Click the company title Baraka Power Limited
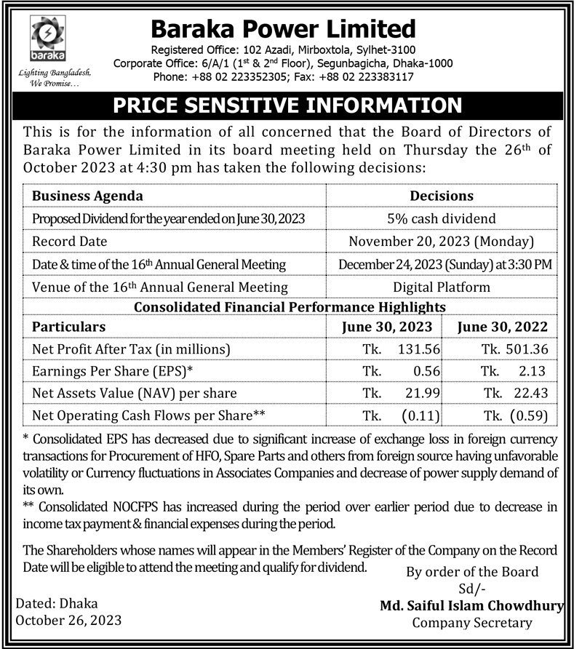pos(283,29)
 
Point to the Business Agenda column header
pos(87,196)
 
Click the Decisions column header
pos(442,196)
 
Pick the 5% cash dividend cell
pos(442,218)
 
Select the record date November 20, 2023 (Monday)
pos(442,241)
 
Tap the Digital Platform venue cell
pos(442,287)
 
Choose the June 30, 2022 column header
pos(503,327)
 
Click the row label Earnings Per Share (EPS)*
pos(113,371)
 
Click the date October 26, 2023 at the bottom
pos(68,621)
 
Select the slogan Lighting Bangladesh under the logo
pos(49,73)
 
